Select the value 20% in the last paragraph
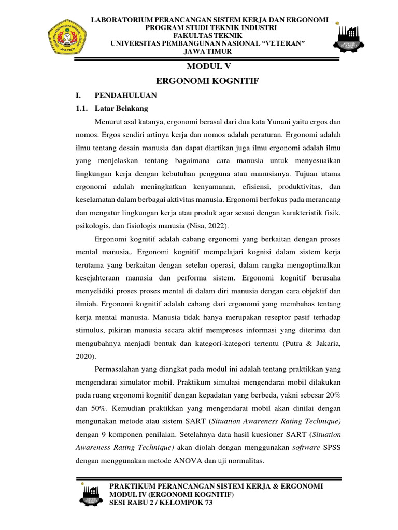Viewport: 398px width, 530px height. (329, 395)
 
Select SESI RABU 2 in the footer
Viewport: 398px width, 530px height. (133, 505)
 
